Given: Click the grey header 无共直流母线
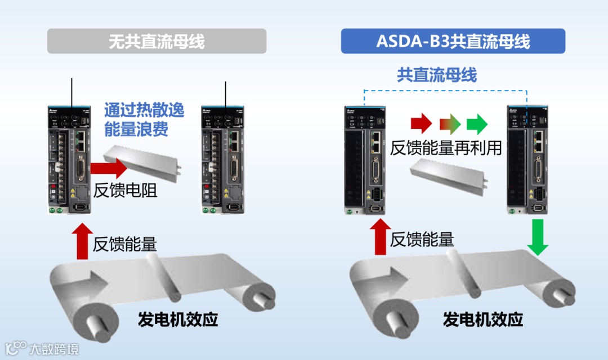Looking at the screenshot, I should tap(157, 42).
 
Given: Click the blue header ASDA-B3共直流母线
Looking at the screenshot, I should tap(453, 42).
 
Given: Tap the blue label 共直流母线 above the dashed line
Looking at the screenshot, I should tap(437, 75).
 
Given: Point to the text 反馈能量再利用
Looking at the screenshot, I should tap(446, 147).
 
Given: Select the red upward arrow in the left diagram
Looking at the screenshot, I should tap(82, 241).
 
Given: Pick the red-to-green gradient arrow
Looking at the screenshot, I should tap(450, 122).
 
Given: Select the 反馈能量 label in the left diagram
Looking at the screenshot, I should tap(125, 244).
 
